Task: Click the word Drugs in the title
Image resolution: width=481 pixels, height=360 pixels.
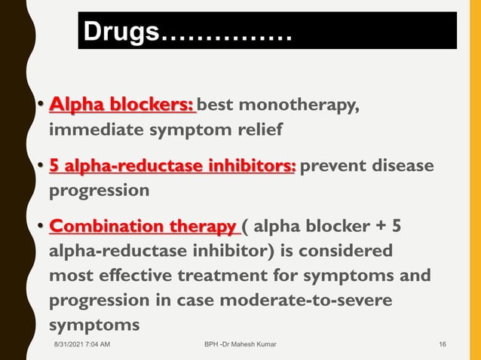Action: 121,32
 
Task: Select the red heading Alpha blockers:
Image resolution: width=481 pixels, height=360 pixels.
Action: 121,105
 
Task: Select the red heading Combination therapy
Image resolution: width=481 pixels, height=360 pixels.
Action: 142,226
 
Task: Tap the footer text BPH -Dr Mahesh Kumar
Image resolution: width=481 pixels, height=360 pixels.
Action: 240,345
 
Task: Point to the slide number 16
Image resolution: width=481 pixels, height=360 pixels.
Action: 443,345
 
